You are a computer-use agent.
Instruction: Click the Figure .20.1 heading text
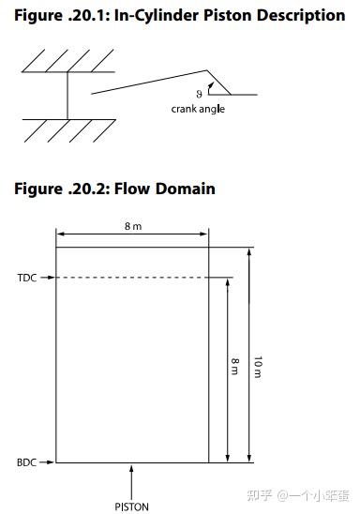point(179,16)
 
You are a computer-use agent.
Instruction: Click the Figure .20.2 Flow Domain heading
point(114,189)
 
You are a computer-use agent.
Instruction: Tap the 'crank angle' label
point(198,109)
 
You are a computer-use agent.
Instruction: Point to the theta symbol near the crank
point(199,93)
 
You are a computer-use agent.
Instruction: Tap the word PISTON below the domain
point(131,506)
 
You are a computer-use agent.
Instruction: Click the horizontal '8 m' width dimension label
point(133,226)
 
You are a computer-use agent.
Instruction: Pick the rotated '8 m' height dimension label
point(234,367)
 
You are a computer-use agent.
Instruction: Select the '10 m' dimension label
point(259,367)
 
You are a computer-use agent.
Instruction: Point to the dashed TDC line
point(141,278)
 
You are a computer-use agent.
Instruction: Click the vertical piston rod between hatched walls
point(67,96)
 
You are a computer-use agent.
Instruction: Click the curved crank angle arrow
point(213,86)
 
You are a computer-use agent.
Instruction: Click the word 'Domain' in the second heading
point(185,189)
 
